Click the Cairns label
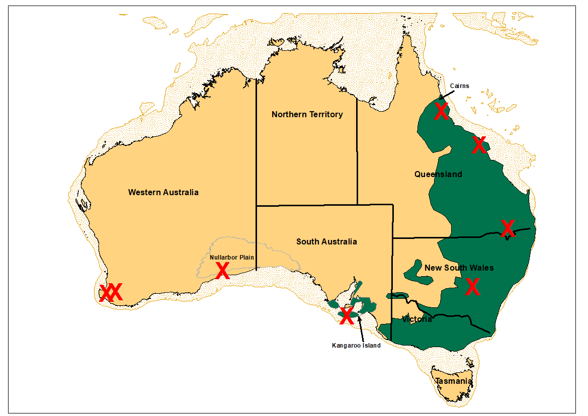tap(459, 86)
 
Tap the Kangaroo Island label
tap(356, 346)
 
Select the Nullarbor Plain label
tap(232, 257)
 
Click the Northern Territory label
tap(307, 115)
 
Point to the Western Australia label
tap(163, 192)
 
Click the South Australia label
tap(326, 241)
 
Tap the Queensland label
tap(438, 175)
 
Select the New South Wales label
tap(459, 268)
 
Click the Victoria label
tap(416, 319)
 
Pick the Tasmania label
tap(454, 381)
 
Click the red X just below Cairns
tap(441, 112)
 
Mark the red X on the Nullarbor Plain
tap(222, 271)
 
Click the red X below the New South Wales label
tap(472, 287)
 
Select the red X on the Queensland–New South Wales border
tap(508, 228)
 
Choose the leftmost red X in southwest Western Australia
tap(106, 292)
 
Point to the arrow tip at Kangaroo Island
tap(359, 316)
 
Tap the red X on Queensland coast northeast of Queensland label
tap(479, 145)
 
